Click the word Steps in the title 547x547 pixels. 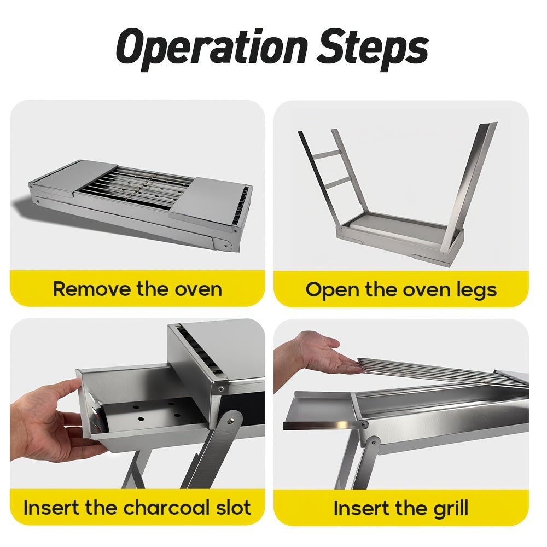pos(373,48)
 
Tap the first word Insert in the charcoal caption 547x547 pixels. pos(51,507)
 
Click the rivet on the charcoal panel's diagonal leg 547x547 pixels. pos(235,422)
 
